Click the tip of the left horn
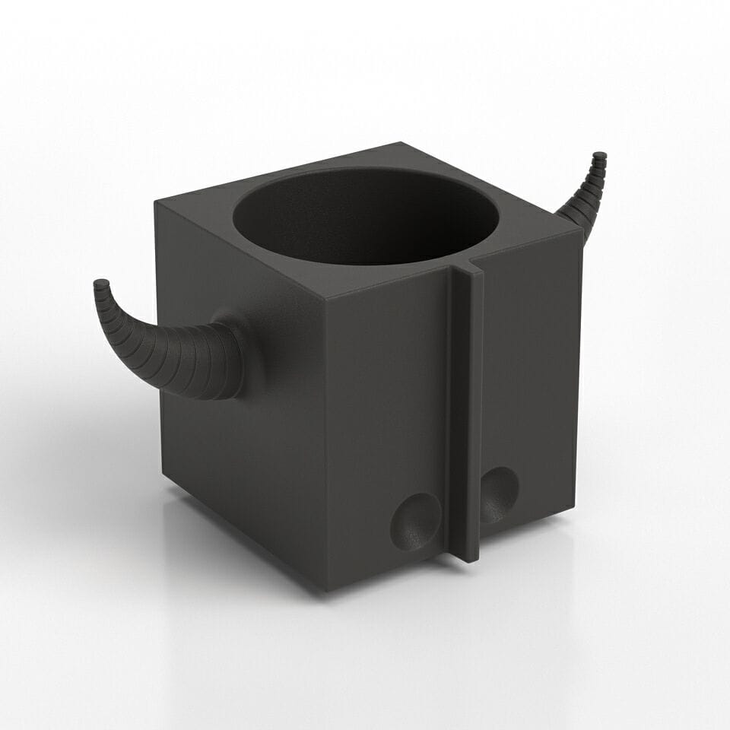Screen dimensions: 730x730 [100, 285]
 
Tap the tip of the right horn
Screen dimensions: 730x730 [600, 157]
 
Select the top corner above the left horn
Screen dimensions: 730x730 [156, 202]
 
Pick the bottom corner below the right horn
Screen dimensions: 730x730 [575, 509]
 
